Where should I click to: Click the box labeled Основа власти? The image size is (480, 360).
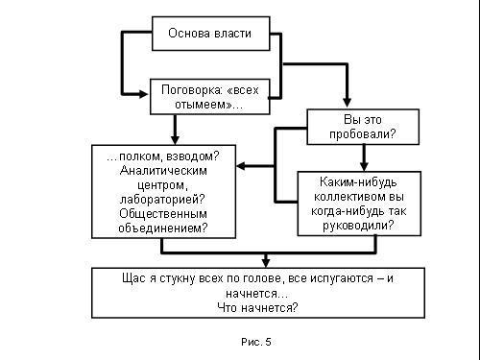coord(209,34)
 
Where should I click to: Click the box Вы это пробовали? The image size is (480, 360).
coord(349,127)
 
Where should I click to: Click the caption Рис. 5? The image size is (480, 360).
coord(254,341)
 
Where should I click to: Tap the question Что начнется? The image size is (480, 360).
coord(254,307)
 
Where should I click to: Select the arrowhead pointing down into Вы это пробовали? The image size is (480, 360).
coord(345,103)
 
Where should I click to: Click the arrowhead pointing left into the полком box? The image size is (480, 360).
coord(241,166)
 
